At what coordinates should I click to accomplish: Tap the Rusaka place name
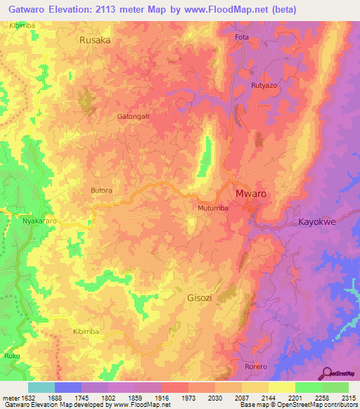95,41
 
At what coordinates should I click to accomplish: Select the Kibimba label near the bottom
86,330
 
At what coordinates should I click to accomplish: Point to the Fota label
243,37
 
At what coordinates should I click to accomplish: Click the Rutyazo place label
264,86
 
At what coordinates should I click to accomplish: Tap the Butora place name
101,190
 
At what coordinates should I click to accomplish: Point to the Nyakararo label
39,221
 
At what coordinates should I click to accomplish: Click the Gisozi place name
202,297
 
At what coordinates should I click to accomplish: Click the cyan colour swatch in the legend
41,387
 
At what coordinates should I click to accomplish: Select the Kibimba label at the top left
22,25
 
